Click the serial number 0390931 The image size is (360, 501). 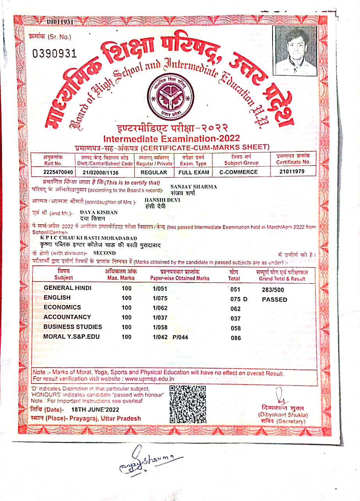[x=55, y=53]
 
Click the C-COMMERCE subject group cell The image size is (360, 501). [x=239, y=172]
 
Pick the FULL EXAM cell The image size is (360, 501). [x=194, y=172]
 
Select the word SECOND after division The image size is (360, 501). [x=105, y=253]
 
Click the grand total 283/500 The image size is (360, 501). [x=273, y=290]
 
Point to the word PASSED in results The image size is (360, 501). [x=274, y=300]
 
